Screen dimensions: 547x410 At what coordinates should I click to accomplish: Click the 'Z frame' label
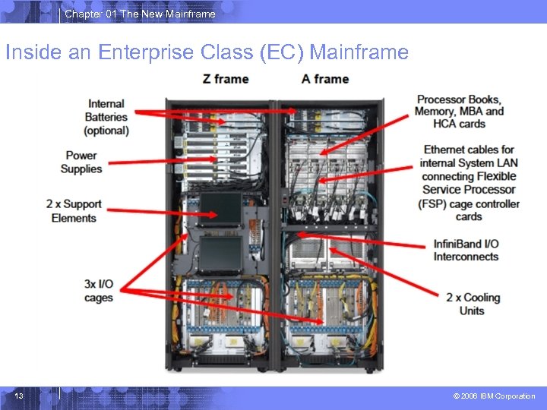click(x=226, y=79)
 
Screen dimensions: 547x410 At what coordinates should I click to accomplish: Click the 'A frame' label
click(x=325, y=79)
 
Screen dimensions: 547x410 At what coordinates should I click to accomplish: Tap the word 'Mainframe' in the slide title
click(x=359, y=52)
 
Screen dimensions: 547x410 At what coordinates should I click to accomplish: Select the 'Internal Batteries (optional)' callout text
click(x=106, y=117)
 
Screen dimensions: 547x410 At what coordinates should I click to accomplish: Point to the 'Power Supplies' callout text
click(x=81, y=162)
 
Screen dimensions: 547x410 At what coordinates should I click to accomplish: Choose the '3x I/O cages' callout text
click(x=99, y=291)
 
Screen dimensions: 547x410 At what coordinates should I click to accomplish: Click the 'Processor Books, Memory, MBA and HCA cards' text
click(x=459, y=112)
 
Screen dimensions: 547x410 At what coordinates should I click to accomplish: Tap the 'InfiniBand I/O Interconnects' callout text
click(x=466, y=250)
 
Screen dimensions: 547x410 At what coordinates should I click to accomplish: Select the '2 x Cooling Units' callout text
click(x=473, y=304)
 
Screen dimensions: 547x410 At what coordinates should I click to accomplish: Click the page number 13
click(x=19, y=396)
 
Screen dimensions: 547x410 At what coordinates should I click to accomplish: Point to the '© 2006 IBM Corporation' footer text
click(x=494, y=396)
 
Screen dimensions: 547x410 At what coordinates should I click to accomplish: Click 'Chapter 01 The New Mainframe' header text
click(x=140, y=14)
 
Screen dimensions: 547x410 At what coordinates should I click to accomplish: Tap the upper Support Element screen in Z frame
click(x=220, y=207)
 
